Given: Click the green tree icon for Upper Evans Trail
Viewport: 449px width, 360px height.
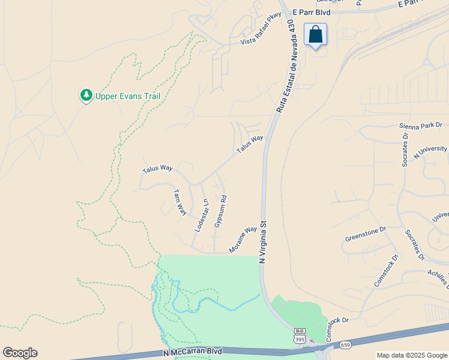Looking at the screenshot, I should tap(86, 95).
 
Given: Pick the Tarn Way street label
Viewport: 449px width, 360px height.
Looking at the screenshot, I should tap(179, 202).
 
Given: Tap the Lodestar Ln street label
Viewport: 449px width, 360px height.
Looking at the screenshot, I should tap(201, 215).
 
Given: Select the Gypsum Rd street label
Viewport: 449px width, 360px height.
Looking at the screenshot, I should tap(220, 211).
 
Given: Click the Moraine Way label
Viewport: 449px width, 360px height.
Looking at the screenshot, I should tap(243, 240).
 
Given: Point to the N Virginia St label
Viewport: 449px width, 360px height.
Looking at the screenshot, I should tap(262, 242).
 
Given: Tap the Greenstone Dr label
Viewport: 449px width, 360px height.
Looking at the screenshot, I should tap(365, 233).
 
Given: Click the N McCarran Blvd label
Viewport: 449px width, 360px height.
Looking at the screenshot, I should tap(193, 351).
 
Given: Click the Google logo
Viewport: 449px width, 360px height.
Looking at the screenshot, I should tap(20, 353).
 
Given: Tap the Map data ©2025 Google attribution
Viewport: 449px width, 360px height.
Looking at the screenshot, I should tap(411, 355).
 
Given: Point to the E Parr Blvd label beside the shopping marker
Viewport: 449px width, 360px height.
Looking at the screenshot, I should tap(307, 13).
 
